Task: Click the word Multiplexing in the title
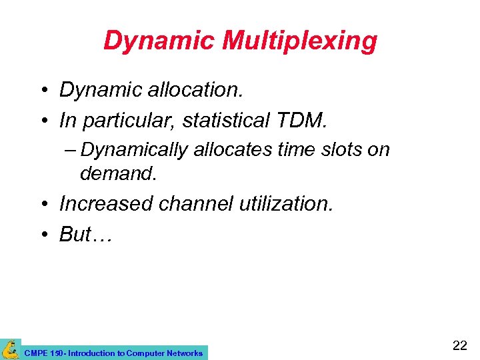299,41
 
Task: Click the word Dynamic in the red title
159,41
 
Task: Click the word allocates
233,150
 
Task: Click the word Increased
106,203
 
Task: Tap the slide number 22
459,345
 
